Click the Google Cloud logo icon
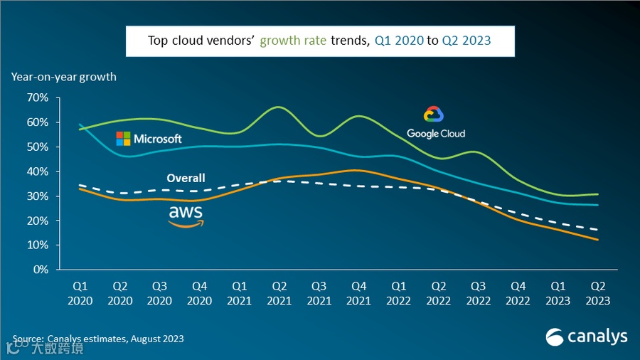click(x=434, y=115)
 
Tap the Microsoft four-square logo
click(x=123, y=139)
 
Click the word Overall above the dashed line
click(x=186, y=178)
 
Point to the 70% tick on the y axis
click(x=38, y=97)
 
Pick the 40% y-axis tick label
click(x=38, y=171)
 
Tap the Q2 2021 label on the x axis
click(x=279, y=293)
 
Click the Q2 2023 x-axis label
click(x=597, y=293)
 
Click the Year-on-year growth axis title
click(x=63, y=76)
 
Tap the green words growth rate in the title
click(x=293, y=41)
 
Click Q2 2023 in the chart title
click(x=466, y=41)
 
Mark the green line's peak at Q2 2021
click(x=279, y=107)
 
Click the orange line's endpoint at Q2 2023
click(x=597, y=240)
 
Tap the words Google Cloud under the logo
click(x=436, y=133)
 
